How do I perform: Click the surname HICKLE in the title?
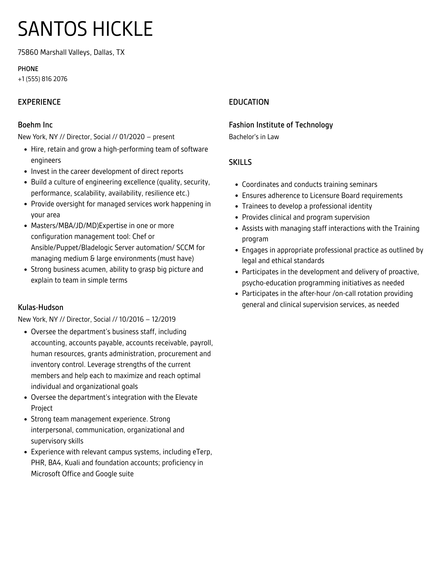click(x=123, y=29)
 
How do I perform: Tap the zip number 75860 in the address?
click(x=28, y=52)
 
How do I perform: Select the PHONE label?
click(x=28, y=69)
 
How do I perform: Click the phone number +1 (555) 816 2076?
click(x=43, y=79)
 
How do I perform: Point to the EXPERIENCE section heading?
click(x=39, y=102)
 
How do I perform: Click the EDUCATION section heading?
click(x=249, y=102)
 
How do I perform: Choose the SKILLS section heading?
click(x=240, y=162)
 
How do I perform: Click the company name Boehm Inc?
click(x=35, y=125)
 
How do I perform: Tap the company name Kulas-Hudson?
click(x=41, y=308)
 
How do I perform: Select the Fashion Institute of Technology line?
click(x=281, y=125)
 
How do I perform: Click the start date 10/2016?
click(x=131, y=319)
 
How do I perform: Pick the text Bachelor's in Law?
click(x=254, y=137)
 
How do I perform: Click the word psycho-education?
click(x=269, y=283)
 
